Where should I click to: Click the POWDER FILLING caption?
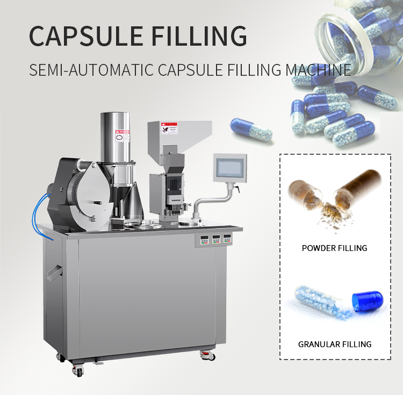point(334,248)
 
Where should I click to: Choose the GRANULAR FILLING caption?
point(335,344)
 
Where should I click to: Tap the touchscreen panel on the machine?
point(229,168)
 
